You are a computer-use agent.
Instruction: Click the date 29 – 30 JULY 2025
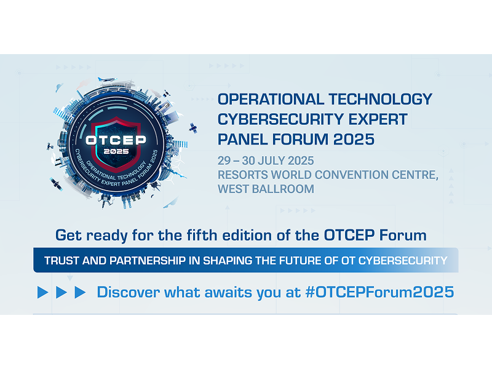click(266, 161)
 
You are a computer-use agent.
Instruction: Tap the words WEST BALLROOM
click(266, 189)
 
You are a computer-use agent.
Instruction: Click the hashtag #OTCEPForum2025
click(379, 292)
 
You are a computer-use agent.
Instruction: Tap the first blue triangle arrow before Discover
click(42, 292)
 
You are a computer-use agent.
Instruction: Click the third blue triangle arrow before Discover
click(80, 292)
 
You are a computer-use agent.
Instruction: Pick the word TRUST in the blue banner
click(63, 261)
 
